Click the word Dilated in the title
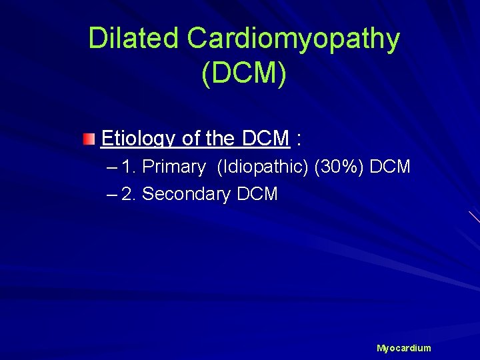(133, 39)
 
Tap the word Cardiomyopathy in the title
(293, 39)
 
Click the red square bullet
(89, 139)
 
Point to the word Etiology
(139, 139)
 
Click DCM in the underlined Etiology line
(265, 139)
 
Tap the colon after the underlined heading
(299, 139)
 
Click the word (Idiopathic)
(262, 167)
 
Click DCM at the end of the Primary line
(389, 167)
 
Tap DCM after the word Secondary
(257, 194)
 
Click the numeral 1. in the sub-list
(129, 167)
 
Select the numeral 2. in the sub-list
(129, 194)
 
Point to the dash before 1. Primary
(111, 167)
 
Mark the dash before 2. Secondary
(111, 194)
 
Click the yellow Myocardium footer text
(404, 348)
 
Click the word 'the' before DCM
(220, 139)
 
